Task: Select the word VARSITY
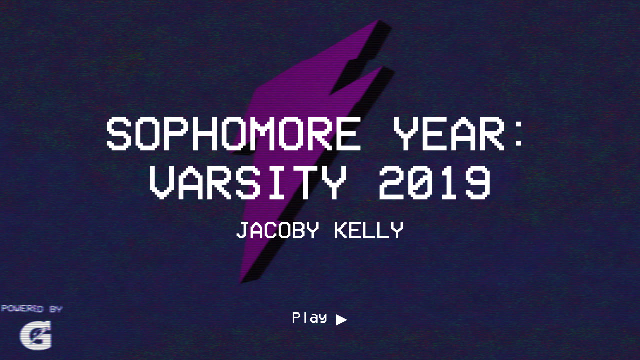coord(248,183)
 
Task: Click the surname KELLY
coord(369,231)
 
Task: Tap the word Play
coord(309,318)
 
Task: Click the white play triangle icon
coord(341,320)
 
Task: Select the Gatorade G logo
coord(36,335)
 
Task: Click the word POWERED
coord(22,309)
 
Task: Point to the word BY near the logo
coord(56,309)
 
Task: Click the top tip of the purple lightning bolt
coord(380,22)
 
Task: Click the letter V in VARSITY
coord(163,183)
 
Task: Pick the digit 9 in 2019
coord(477,183)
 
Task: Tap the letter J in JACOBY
coord(243,231)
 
